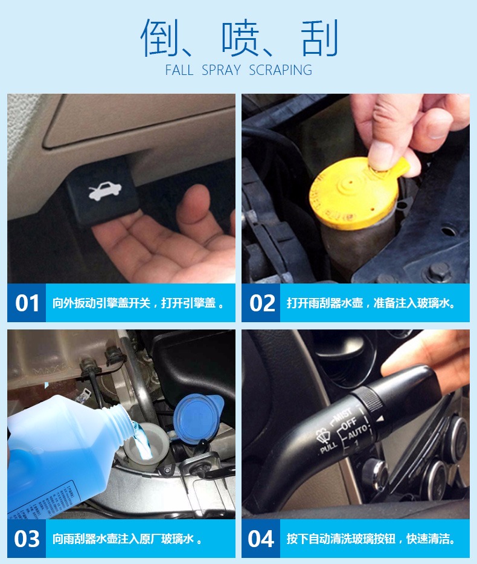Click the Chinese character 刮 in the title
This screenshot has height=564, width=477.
[319, 38]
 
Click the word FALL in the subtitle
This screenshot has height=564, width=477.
[179, 70]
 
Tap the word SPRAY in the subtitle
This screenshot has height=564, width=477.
[222, 70]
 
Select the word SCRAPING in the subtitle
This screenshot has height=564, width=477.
[281, 70]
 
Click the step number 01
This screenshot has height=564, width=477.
[27, 303]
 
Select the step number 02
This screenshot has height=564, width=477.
[261, 303]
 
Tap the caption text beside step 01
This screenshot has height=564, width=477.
[138, 303]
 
